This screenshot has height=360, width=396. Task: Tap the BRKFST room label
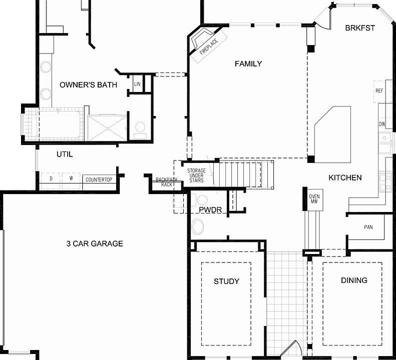pos(359,28)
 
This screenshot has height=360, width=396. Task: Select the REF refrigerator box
pos(379,91)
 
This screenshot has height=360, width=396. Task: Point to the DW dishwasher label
pos(382,124)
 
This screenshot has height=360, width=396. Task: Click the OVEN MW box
pos(314,199)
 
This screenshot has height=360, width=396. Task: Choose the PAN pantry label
pos(368,227)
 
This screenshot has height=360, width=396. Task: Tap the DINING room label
pos(354,280)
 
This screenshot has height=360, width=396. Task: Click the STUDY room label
pos(226,281)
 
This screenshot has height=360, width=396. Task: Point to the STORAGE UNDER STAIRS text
pos(196,175)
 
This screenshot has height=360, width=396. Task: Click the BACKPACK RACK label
pos(166,182)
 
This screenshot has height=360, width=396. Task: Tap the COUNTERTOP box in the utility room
pos(99,179)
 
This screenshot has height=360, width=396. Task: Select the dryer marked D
pos(51,178)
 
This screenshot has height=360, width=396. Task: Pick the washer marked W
pos(71,178)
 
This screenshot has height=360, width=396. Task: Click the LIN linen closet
pos(137,84)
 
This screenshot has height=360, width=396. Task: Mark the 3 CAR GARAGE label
pos(95,243)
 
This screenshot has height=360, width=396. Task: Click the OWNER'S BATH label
pos(88,85)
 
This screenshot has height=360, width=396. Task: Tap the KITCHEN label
pos(345,177)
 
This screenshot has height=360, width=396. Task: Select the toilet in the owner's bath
pos(140,128)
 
